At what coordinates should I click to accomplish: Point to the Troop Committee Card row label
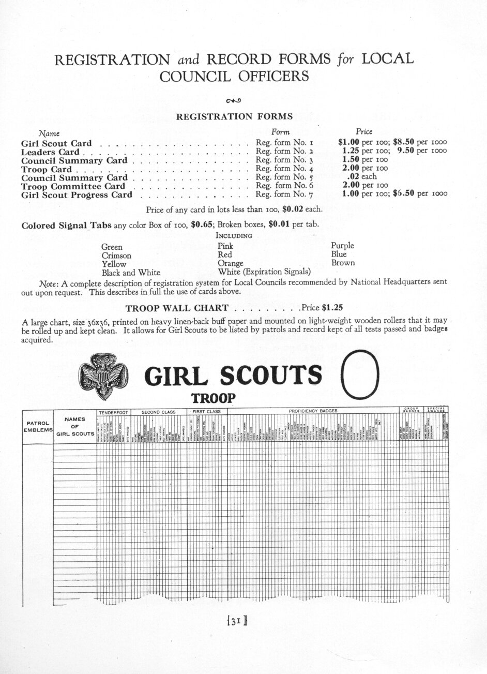pos(73,186)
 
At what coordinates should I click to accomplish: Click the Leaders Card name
pos(50,152)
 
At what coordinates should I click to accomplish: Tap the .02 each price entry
pos(361,177)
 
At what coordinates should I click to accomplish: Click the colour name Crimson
pos(116,256)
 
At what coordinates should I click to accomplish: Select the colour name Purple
pos(342,246)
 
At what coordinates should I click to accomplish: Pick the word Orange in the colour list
pos(231,263)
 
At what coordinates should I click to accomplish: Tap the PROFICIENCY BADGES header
pos(313,411)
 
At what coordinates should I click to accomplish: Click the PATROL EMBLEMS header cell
pos(37,426)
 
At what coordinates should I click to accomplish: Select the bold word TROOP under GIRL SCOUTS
pos(214,398)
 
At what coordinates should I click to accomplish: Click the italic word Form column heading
pos(280,132)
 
